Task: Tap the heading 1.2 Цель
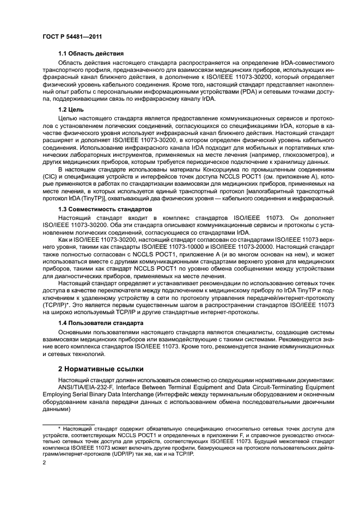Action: (74, 109)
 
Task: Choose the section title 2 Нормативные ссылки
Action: (98, 369)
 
